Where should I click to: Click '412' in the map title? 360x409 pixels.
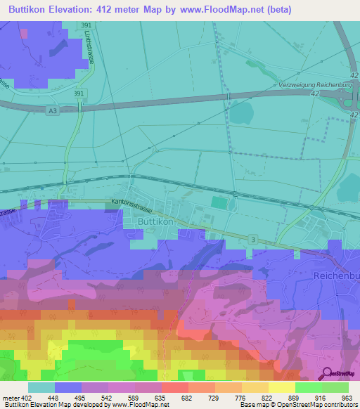pos(118,9)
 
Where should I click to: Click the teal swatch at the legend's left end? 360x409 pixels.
pos(41,387)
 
